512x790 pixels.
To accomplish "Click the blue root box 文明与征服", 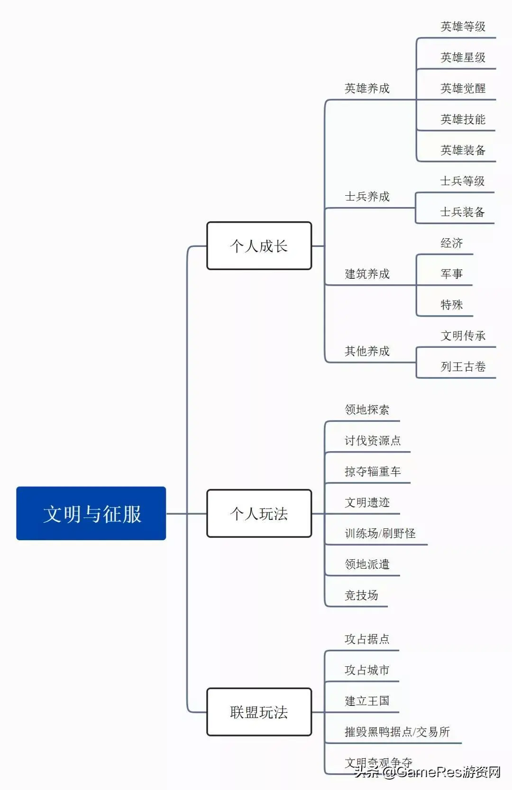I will [x=91, y=513].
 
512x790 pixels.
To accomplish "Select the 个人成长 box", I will [x=259, y=246].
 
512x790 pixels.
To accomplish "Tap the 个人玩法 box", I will [x=259, y=513].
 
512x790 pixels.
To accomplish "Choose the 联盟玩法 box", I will [x=259, y=712].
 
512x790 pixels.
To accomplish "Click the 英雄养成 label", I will [x=367, y=89].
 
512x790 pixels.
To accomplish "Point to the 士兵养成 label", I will [x=367, y=197].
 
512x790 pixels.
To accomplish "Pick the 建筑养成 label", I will [x=367, y=274].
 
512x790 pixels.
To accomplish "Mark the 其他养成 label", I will [x=367, y=351].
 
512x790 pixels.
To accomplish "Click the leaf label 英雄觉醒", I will [x=463, y=89].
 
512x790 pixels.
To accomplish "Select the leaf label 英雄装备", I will [x=463, y=150].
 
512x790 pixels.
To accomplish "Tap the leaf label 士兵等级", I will [x=462, y=181].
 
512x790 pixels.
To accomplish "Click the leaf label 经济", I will [x=451, y=243].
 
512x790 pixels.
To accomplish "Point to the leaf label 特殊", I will [x=451, y=305].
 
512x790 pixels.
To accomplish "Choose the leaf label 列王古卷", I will [x=463, y=367].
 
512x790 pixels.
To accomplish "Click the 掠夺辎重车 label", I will [x=373, y=472].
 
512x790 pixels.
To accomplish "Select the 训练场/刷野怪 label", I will [x=380, y=534].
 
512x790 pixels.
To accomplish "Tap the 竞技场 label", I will [x=361, y=595].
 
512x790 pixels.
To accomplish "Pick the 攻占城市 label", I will [x=367, y=670].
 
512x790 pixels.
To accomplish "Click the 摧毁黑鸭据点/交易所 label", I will [x=397, y=732].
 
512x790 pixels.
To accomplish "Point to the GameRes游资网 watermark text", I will [x=448, y=772].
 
